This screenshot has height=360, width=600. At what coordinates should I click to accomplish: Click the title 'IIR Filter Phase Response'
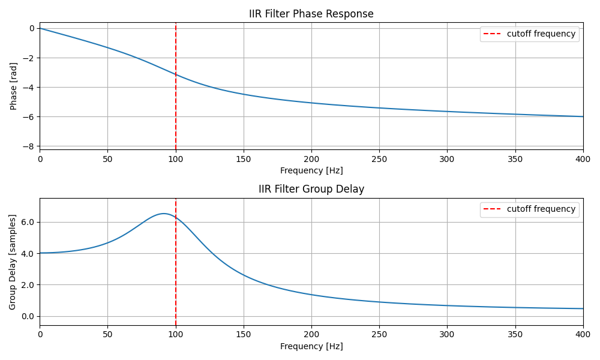[x=311, y=14]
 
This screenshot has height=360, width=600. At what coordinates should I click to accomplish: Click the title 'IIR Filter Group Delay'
[x=311, y=189]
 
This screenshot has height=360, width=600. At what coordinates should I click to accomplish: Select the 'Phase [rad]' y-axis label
[x=14, y=86]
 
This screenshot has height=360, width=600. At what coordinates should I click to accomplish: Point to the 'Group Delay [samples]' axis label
[x=13, y=262]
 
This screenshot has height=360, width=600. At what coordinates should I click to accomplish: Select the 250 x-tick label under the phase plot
[x=379, y=158]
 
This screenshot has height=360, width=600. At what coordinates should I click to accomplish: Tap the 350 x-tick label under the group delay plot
[x=515, y=334]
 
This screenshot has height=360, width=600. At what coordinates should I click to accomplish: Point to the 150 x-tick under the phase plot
[x=244, y=158]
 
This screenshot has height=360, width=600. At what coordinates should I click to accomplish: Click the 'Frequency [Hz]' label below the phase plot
[x=311, y=170]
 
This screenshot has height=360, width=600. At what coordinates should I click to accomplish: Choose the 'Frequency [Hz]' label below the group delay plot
[x=311, y=346]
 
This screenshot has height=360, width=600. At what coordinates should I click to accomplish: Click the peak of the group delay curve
[x=163, y=214]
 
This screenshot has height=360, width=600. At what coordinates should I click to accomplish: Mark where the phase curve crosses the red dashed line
[x=176, y=74]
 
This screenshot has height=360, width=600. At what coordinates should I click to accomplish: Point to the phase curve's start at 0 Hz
[x=40, y=28]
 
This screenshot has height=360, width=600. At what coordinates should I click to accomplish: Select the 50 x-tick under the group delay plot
[x=108, y=334]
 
